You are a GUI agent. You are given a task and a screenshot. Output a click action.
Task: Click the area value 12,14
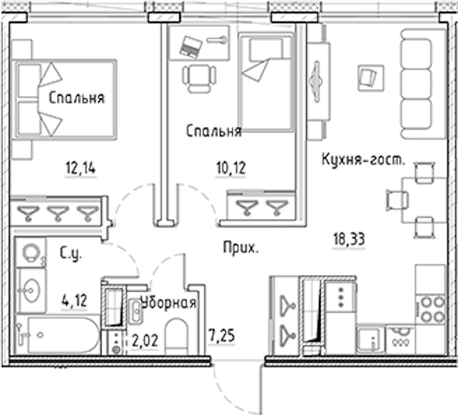click(80, 169)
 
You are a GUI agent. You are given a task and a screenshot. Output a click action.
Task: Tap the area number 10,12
click(231, 168)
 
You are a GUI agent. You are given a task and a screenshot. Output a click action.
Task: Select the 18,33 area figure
click(349, 240)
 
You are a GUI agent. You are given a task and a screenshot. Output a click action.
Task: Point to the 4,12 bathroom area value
click(75, 300)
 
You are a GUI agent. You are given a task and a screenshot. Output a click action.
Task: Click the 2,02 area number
click(145, 340)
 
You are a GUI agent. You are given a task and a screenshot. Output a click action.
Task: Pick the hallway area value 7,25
click(222, 335)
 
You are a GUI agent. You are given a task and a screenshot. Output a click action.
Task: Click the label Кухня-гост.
click(363, 160)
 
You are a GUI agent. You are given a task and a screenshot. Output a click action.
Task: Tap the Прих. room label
click(241, 248)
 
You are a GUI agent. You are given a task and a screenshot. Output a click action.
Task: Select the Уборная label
click(169, 302)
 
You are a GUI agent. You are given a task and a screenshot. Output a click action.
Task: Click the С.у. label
click(71, 253)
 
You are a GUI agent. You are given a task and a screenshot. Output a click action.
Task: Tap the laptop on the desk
click(191, 46)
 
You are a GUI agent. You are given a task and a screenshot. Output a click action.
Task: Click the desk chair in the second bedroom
click(199, 78)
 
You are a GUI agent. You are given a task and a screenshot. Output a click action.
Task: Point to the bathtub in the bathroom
click(64, 335)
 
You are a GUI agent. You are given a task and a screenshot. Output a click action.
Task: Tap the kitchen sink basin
click(369, 339)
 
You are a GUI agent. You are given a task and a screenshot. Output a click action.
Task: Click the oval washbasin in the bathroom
click(31, 290)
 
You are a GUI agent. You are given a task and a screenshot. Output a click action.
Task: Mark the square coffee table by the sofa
click(371, 77)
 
